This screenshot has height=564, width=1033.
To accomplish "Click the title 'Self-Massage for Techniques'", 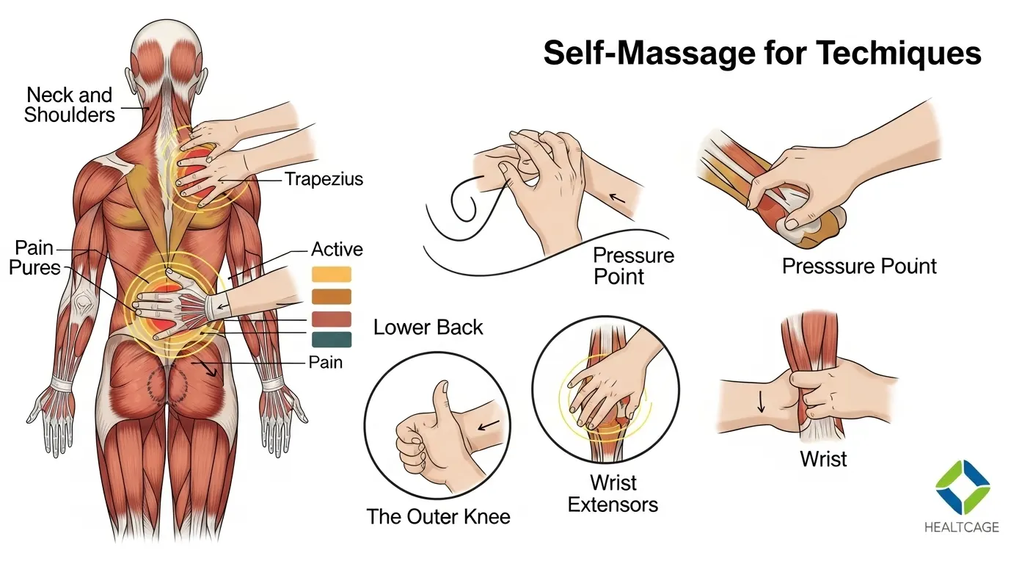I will pos(762,54).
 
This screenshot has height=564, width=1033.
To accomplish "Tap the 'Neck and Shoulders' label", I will pos(69,104).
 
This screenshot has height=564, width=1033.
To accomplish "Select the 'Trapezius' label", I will pos(324,178).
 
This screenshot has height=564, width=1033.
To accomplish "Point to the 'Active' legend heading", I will pos(337,249).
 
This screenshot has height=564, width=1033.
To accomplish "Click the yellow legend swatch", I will pos(332,275).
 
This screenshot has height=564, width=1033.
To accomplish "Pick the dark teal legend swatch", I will pos(332,339).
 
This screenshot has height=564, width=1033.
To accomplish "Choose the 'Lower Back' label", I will pos(428,327).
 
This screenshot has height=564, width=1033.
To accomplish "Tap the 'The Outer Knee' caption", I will pos(438,516).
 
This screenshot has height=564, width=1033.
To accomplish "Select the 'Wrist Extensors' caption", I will pos(613,493).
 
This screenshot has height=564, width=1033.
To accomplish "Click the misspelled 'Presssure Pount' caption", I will pos(859,265).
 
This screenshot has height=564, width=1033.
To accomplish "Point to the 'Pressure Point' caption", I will pos(633,266).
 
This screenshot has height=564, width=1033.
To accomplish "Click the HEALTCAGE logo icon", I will pos(962,486).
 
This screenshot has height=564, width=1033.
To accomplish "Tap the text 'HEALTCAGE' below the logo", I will pos(962,527).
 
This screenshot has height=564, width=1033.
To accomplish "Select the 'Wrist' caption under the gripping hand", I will pos(823,460).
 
